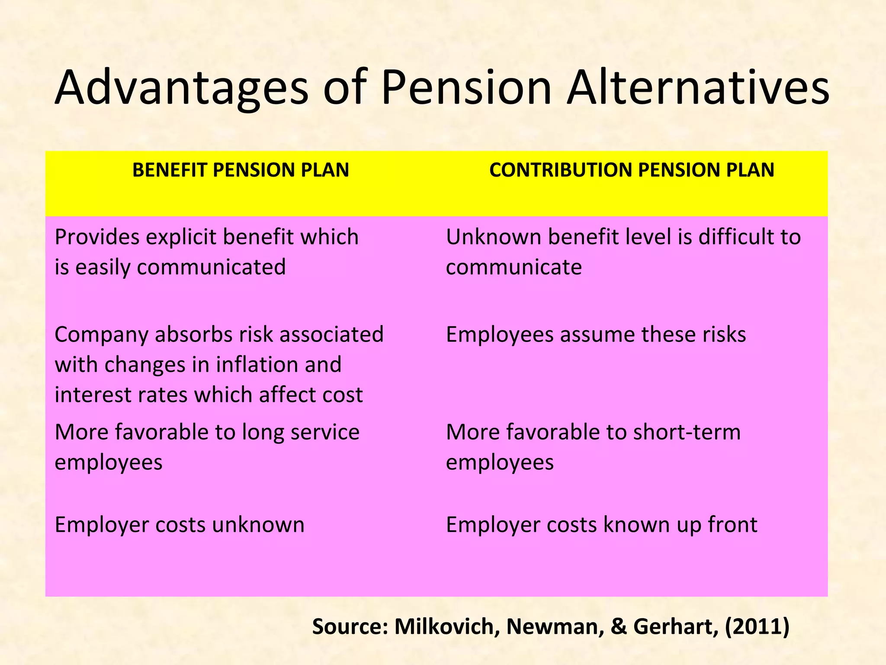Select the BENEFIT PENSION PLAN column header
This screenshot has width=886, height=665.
[241, 170]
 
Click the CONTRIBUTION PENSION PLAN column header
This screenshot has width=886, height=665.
[632, 170]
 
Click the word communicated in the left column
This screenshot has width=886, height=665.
[211, 267]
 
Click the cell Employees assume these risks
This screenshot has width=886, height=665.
[596, 335]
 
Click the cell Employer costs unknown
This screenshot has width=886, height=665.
[180, 525]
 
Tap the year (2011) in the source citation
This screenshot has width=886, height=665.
[757, 626]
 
